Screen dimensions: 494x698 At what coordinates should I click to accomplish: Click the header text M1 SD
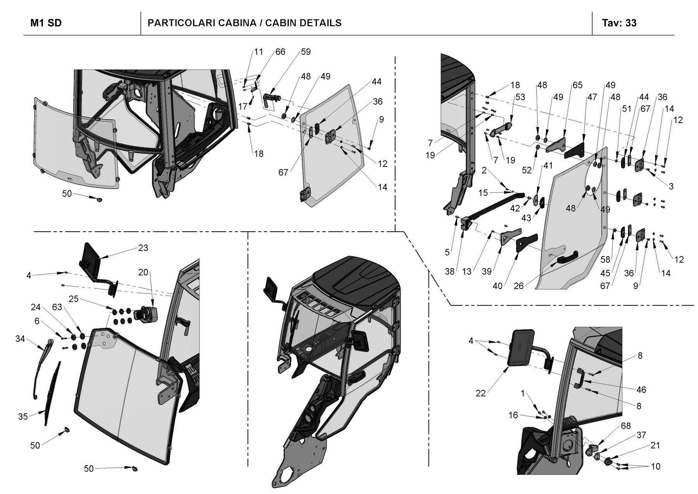point(46,23)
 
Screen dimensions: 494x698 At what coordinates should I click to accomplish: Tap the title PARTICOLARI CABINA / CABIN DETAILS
point(244,23)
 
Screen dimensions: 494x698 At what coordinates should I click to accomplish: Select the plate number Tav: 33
point(619,23)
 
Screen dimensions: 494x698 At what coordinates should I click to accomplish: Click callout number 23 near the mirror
point(143,248)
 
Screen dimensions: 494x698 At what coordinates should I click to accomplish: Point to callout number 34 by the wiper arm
point(20,339)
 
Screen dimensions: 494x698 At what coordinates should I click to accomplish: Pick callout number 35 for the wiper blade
point(23,416)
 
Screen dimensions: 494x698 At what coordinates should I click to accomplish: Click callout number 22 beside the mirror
point(481,393)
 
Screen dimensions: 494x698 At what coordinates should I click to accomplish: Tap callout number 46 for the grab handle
point(641,390)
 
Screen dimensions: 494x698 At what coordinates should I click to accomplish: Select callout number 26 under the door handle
point(518,286)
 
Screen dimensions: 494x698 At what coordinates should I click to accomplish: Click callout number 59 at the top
point(306,52)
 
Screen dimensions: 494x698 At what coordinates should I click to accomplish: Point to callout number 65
point(578,85)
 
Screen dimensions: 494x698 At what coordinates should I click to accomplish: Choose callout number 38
point(449,272)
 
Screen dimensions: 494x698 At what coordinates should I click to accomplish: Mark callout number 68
point(626,426)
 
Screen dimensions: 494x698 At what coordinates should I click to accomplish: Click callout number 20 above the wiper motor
point(143,272)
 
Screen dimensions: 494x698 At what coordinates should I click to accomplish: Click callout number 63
point(57,307)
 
